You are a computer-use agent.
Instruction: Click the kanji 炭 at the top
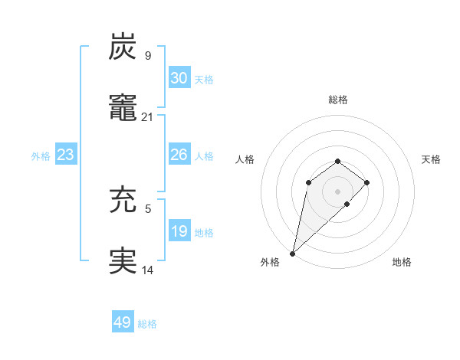(x=123, y=47)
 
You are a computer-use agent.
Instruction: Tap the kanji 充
(x=123, y=201)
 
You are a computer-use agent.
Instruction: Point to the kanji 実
(x=123, y=261)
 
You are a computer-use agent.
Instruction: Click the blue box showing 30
(x=179, y=78)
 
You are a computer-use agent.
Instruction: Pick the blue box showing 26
(x=179, y=155)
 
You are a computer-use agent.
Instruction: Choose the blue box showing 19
(x=179, y=231)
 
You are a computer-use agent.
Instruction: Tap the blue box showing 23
(x=66, y=155)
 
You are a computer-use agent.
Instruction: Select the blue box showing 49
(x=123, y=322)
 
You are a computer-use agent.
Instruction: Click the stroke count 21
(x=148, y=116)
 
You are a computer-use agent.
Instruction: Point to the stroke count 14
(x=148, y=270)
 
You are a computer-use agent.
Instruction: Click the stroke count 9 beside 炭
(x=147, y=55)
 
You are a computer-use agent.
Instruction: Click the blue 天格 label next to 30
(x=204, y=80)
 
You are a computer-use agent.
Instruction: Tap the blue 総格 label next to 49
(x=147, y=324)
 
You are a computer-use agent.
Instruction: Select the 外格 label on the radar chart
(x=270, y=262)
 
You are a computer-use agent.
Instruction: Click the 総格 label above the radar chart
(x=338, y=100)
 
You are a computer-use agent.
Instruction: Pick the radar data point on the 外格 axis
(x=293, y=253)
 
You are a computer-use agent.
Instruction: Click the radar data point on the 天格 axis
(x=367, y=182)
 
